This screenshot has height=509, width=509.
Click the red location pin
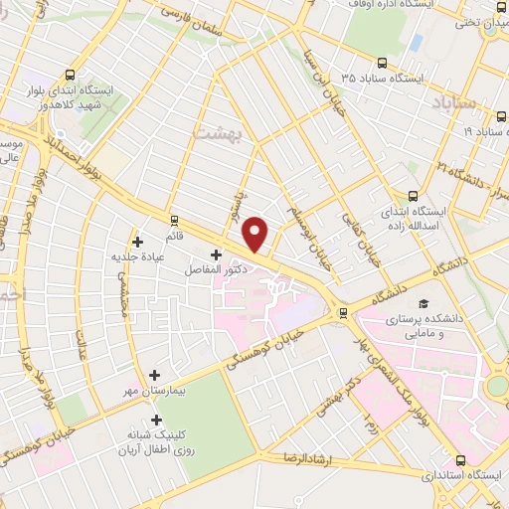(x=256, y=235)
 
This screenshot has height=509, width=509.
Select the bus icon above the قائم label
(x=175, y=220)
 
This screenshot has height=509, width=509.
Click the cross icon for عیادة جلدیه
(x=137, y=241)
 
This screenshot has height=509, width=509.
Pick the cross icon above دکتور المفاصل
(x=216, y=255)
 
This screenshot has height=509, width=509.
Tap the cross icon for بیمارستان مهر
(x=154, y=375)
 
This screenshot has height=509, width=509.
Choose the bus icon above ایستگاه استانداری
(x=460, y=461)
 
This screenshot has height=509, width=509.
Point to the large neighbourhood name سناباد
(x=457, y=102)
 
